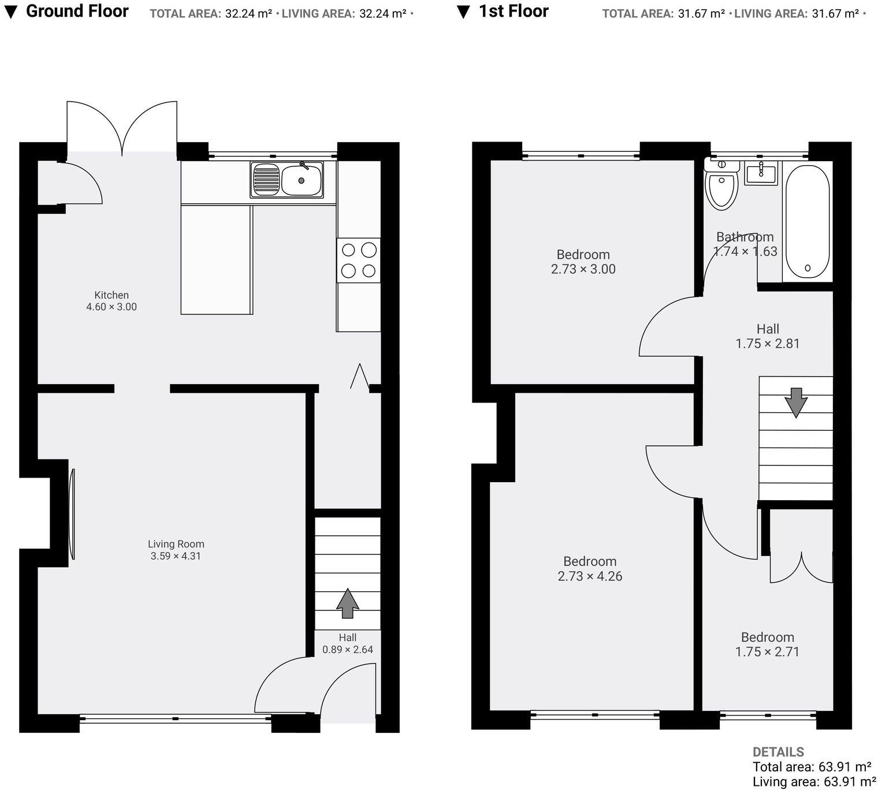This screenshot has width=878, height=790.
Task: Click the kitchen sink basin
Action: (301, 179)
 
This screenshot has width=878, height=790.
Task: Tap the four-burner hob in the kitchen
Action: (358, 260)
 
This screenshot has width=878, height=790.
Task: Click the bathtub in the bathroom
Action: (807, 223)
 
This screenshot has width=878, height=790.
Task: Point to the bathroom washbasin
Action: (761, 172)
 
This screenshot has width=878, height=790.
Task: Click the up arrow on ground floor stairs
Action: (347, 603)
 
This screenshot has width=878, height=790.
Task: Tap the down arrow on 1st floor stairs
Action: (795, 403)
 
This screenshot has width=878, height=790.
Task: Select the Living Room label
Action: (176, 544)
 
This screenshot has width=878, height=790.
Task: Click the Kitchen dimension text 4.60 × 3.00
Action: (111, 307)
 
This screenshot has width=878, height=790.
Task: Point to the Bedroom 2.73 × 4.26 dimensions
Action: (590, 576)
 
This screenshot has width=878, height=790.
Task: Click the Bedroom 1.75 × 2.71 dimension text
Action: (767, 652)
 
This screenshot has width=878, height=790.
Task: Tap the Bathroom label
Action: (745, 237)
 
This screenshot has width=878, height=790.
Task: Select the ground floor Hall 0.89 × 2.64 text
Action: (347, 650)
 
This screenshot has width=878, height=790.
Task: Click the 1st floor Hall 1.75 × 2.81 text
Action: (767, 344)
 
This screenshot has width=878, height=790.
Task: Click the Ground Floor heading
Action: (77, 11)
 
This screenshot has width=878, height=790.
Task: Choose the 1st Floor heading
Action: (513, 11)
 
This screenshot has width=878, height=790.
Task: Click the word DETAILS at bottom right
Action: (778, 752)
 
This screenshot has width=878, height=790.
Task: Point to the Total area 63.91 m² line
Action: (812, 767)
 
